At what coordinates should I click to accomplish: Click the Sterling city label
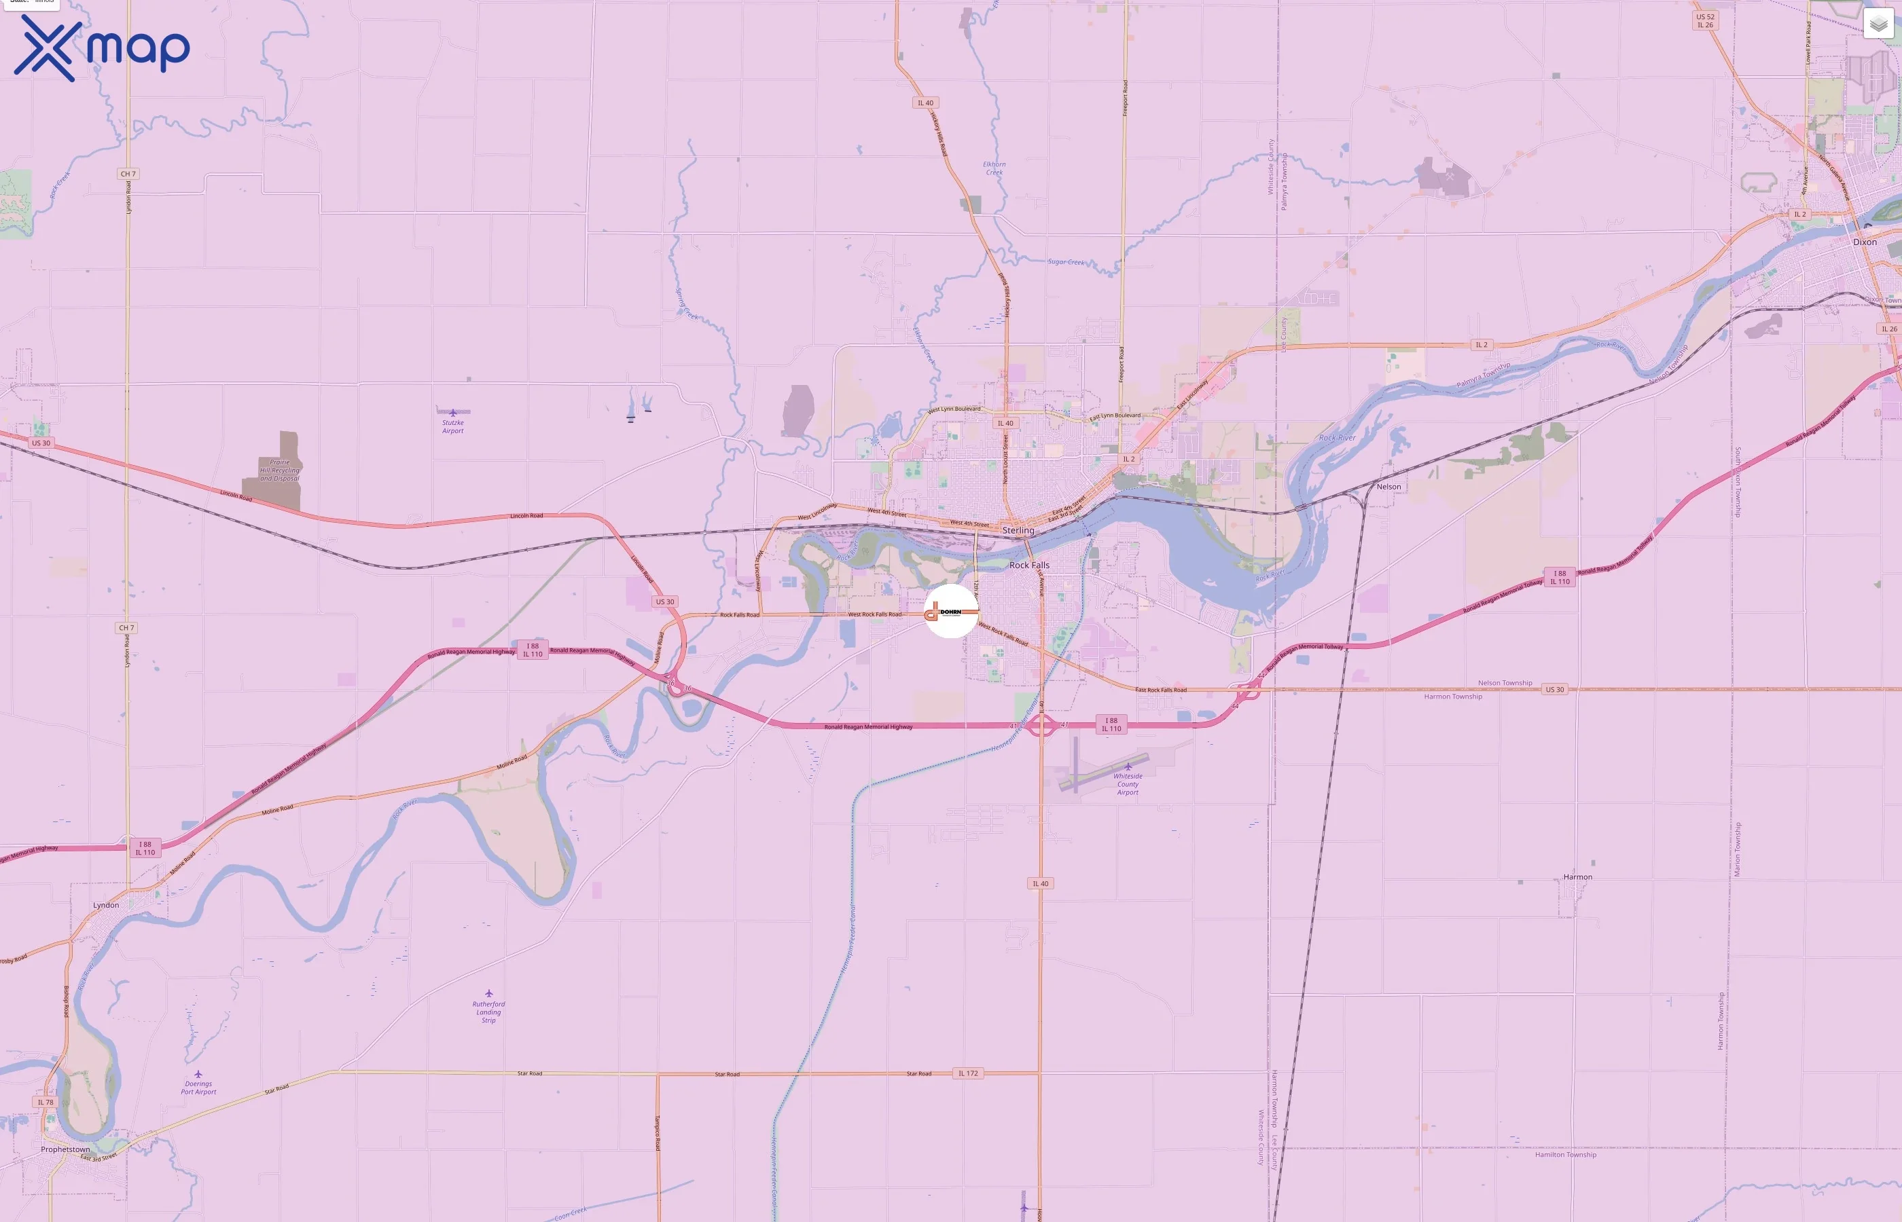point(1018,530)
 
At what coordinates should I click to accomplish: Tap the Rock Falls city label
point(1029,565)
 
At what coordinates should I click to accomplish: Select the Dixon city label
point(1865,242)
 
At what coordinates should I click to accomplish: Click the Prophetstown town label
point(65,1149)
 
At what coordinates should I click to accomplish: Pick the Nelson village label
point(1388,486)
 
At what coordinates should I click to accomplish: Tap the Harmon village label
point(1577,877)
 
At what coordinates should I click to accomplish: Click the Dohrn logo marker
point(951,612)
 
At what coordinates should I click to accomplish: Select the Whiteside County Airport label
point(1127,784)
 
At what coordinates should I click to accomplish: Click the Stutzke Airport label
point(452,426)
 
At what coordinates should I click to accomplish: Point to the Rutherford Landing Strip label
point(488,1012)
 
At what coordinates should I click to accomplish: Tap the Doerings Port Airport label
point(198,1087)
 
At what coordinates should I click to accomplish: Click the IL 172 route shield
point(969,1073)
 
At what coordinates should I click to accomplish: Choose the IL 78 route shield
point(46,1103)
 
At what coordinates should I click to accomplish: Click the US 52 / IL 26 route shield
point(1704,20)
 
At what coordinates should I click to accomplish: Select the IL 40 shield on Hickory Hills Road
point(926,103)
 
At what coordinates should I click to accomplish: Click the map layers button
point(1878,24)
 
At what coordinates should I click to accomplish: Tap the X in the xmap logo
point(48,48)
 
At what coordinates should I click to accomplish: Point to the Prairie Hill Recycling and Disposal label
point(279,470)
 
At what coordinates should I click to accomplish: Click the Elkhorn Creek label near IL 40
point(994,168)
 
